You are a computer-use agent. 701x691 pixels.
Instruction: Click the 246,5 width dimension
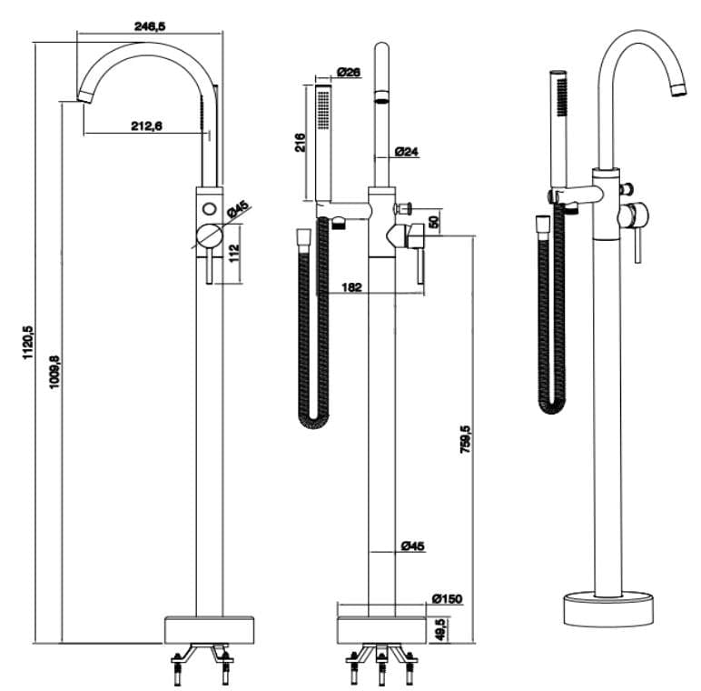point(149,27)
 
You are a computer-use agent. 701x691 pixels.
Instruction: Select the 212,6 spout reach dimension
point(146,126)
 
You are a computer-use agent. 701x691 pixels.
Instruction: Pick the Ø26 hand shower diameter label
point(349,72)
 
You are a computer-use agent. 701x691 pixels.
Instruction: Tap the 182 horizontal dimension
point(352,287)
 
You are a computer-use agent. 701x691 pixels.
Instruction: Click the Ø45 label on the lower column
point(411,546)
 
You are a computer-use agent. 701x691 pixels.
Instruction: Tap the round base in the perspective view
point(608,606)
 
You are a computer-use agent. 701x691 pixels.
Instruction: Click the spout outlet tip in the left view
point(83,95)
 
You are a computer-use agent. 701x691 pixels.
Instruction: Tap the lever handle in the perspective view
point(637,244)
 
